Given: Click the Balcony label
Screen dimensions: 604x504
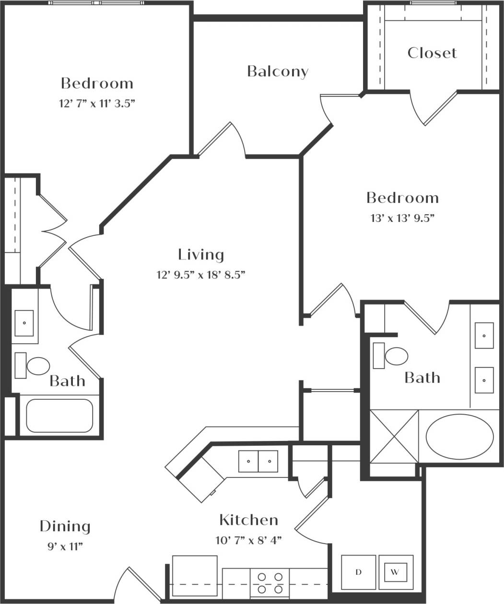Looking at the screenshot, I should (x=278, y=71).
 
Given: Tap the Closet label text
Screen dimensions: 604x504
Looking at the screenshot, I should (x=432, y=53).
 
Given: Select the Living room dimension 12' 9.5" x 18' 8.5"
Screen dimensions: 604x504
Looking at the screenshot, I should (x=201, y=275).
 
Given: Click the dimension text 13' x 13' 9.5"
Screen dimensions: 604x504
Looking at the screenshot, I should (x=402, y=218).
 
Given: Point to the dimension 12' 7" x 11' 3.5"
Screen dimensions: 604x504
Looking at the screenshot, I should (x=96, y=103).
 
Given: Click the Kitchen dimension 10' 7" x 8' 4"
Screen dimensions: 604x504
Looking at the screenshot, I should (x=248, y=540).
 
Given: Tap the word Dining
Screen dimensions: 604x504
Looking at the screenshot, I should (x=65, y=526).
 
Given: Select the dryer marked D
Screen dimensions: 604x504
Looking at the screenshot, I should (x=358, y=572).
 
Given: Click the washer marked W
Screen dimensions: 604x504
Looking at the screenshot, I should (x=396, y=572).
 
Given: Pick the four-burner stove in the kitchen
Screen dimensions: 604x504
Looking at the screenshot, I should (x=268, y=583).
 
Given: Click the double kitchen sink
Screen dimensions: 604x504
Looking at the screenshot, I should (x=258, y=461).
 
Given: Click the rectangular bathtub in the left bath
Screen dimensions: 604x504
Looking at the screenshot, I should (x=59, y=415).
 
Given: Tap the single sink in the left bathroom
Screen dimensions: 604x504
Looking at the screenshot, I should (x=24, y=323).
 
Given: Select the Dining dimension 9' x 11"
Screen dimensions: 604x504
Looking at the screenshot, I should (x=65, y=546).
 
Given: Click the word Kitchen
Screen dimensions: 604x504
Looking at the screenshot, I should (x=248, y=520).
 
